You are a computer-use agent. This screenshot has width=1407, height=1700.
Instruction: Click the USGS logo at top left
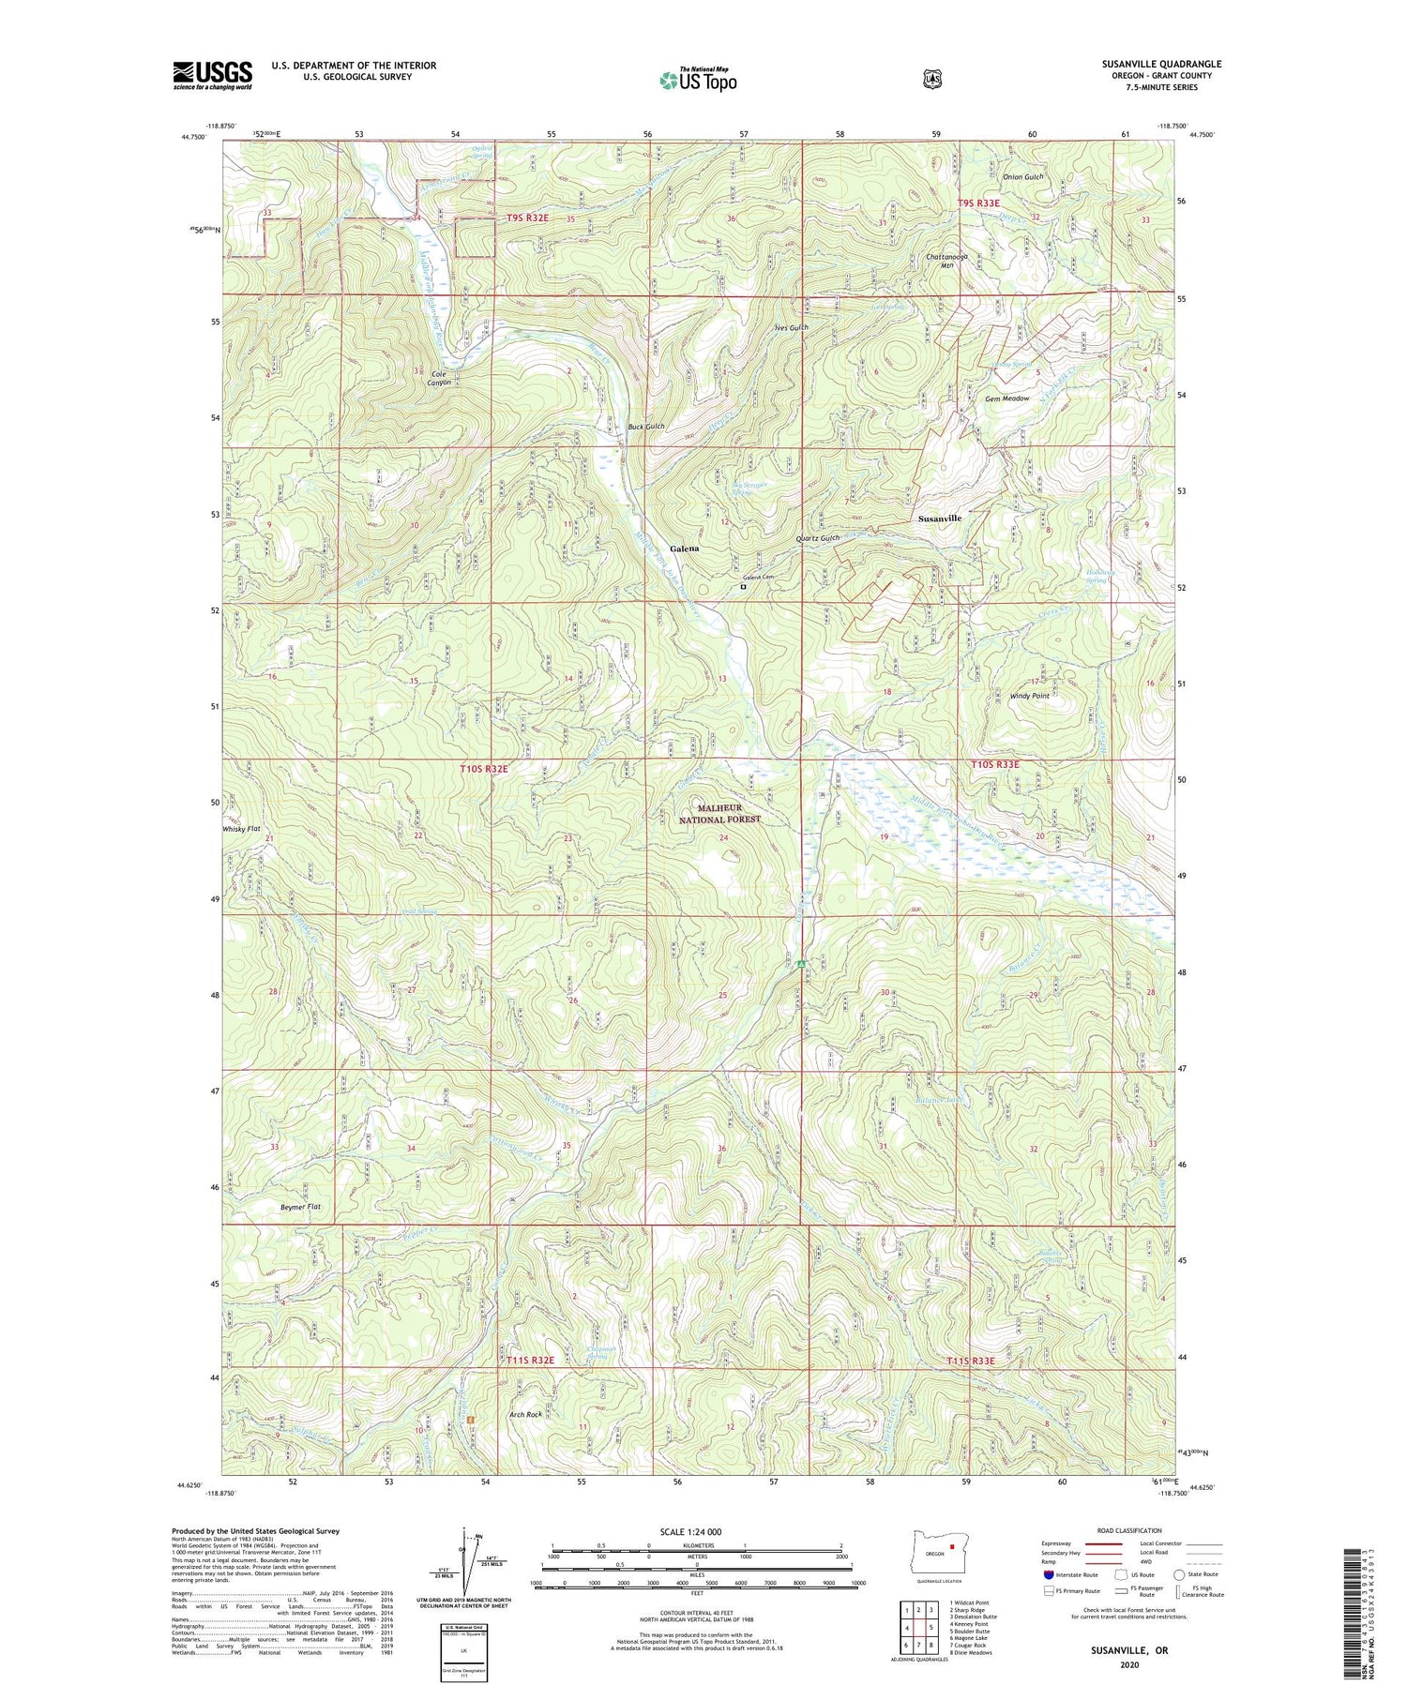[212, 75]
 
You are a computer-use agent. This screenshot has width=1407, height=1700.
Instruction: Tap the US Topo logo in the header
[698, 80]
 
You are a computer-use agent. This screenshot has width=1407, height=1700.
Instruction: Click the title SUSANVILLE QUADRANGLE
[1161, 65]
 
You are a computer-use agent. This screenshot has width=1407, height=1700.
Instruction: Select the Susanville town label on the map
[939, 519]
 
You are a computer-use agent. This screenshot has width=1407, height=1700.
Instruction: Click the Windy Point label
[1029, 696]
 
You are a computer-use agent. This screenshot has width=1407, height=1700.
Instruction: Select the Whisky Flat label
[241, 829]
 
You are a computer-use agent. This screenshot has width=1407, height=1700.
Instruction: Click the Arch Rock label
[525, 1415]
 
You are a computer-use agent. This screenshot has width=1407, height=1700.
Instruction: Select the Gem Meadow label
[1006, 399]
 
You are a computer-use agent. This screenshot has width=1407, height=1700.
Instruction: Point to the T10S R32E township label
[484, 769]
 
